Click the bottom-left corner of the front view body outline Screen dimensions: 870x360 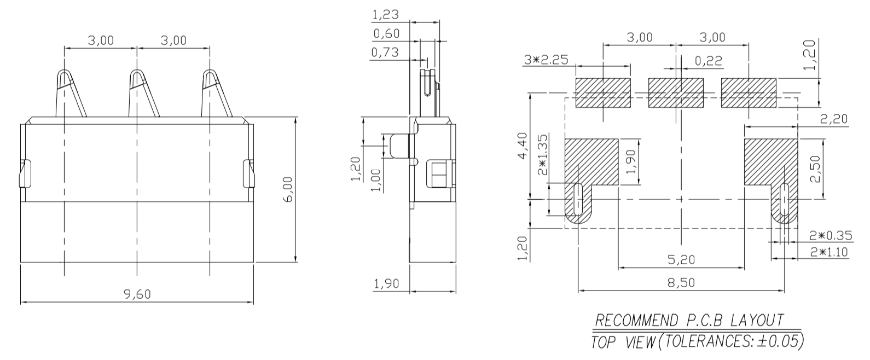click(21, 263)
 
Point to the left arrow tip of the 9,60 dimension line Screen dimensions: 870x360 click(21, 302)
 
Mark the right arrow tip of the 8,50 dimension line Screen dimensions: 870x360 click(785, 290)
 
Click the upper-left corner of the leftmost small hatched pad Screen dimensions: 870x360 click(576, 78)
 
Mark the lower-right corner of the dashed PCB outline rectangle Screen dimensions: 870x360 click(798, 228)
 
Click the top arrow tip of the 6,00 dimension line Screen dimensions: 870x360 click(295, 117)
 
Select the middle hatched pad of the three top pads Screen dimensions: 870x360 click(676, 93)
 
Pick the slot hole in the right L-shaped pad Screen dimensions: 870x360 click(785, 199)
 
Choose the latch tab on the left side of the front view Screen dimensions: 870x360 click(25, 173)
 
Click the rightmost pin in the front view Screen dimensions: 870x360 click(216, 93)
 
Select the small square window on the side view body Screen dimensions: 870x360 click(440, 174)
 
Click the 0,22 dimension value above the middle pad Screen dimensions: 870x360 click(709, 61)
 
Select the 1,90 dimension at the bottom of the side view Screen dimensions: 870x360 click(386, 284)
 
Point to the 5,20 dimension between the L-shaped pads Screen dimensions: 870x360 click(681, 259)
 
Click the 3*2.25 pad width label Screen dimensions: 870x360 click(546, 60)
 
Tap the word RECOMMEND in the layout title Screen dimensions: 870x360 click(636, 321)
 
